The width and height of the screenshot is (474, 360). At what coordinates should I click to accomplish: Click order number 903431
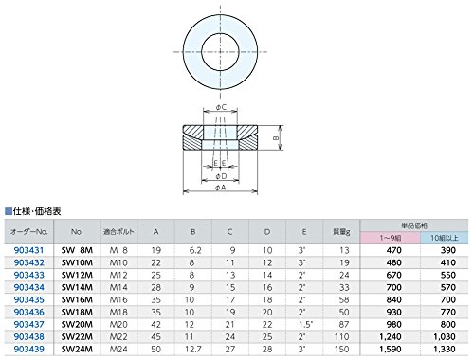coord(28,250)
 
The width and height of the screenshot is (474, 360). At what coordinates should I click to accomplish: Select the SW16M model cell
coord(77,299)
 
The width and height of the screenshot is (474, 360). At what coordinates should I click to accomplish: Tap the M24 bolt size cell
coord(118,350)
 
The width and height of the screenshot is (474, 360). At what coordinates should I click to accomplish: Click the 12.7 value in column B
coord(192,350)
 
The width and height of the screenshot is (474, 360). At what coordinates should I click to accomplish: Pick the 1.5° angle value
coord(305,324)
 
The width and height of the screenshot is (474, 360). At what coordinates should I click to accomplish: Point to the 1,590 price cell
coord(391,350)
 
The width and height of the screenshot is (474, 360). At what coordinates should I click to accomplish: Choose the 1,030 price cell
coord(445,337)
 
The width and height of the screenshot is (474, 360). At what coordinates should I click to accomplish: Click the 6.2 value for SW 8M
coord(195,250)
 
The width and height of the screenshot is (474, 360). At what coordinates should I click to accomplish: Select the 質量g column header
coord(341,232)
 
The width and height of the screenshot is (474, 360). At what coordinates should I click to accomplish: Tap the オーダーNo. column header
coord(29,232)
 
